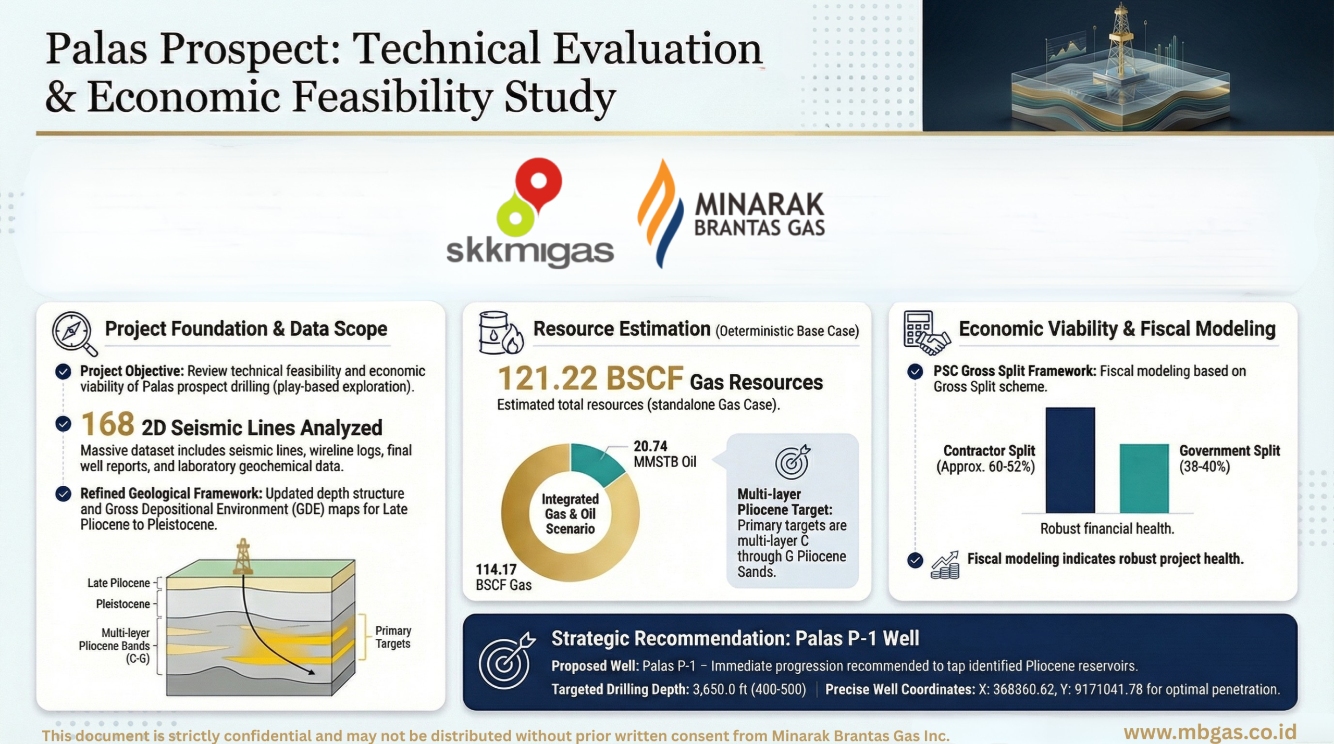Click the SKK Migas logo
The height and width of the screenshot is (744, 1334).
[530, 213]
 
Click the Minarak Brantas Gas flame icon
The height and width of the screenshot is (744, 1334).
[660, 213]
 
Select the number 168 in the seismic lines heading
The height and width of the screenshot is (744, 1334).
[108, 424]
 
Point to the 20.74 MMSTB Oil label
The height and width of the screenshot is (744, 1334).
[664, 454]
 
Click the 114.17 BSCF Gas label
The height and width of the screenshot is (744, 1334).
[503, 577]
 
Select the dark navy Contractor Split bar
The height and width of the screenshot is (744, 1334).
[1070, 460]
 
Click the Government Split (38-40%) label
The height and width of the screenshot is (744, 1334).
[1229, 459]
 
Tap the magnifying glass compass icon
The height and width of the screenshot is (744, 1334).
[74, 333]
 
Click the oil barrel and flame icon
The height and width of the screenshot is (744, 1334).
[500, 333]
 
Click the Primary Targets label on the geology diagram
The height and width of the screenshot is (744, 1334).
[393, 637]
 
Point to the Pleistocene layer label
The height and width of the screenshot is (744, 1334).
[122, 604]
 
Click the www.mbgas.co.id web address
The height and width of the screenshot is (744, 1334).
[1209, 732]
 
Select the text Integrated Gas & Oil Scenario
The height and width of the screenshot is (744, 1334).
[570, 514]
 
